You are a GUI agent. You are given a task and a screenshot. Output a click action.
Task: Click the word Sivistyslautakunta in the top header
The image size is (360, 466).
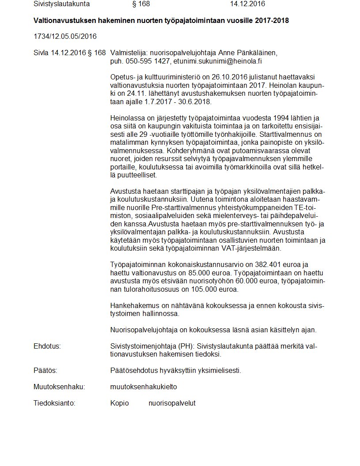coord(61,4)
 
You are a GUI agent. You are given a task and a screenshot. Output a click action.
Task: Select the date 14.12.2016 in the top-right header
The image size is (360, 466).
coord(247,4)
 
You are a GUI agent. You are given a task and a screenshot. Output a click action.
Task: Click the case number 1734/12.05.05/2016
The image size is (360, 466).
coord(65,36)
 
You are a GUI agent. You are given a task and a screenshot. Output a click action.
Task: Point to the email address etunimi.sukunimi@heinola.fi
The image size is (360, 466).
coord(217,61)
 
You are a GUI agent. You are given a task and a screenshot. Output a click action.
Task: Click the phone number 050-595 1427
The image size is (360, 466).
coord(148,61)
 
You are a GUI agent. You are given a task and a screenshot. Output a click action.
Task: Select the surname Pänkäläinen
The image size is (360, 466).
coord(256,53)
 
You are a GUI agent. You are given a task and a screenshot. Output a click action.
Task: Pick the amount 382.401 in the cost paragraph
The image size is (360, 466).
coord(256,265)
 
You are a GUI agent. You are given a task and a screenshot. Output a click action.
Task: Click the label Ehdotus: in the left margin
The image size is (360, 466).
coord(47,346)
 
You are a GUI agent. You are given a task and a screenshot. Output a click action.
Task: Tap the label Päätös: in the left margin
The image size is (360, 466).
coord(45,371)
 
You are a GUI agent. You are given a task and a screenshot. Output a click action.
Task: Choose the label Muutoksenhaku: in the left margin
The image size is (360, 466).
coord(59,387)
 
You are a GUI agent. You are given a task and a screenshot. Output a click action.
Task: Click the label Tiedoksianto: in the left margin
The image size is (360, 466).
coord(55,403)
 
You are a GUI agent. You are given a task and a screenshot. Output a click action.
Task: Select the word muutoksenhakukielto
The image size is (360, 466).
coord(143,387)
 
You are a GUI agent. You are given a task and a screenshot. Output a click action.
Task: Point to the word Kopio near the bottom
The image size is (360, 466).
coord(120,403)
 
